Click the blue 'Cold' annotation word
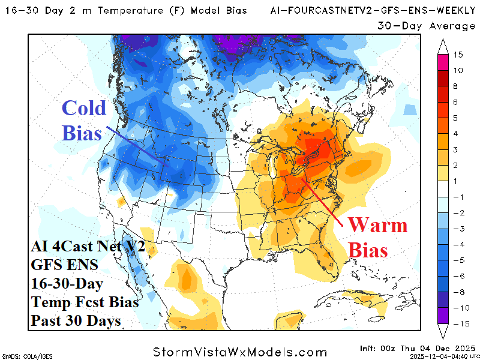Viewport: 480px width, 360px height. (x=84, y=109)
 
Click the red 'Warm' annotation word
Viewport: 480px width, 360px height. (x=377, y=226)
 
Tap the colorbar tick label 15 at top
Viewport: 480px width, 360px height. (x=458, y=55)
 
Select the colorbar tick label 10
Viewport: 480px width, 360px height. (x=458, y=70)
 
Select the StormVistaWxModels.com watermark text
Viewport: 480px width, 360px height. (x=240, y=352)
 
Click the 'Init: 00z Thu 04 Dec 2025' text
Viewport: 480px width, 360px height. (x=418, y=348)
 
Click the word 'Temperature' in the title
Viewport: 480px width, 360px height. (x=123, y=10)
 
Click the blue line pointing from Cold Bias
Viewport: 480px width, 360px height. (x=137, y=145)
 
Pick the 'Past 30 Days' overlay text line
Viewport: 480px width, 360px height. (x=75, y=321)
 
